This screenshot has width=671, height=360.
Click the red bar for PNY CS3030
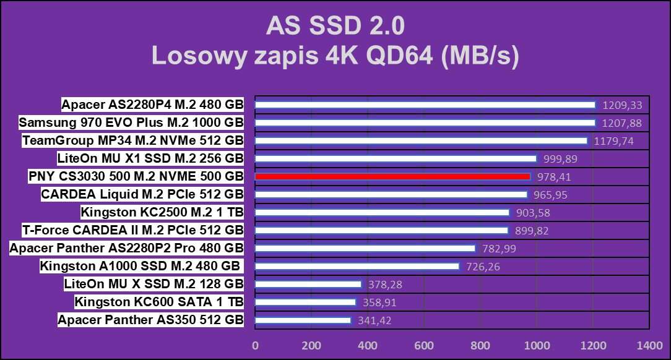pyautogui.click(x=392, y=177)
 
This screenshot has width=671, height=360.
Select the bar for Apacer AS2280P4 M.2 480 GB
pyautogui.click(x=425, y=105)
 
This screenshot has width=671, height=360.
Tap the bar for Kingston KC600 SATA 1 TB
pyautogui.click(x=305, y=302)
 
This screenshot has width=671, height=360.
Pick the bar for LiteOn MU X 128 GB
pyautogui.click(x=308, y=285)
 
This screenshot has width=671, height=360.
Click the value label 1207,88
pyautogui.click(x=621, y=123)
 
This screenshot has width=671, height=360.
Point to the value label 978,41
pyautogui.click(x=553, y=177)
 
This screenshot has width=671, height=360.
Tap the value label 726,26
pyautogui.click(x=482, y=267)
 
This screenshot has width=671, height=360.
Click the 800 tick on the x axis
pyautogui.click(x=480, y=345)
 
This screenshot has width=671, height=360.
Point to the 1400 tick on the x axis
pyautogui.click(x=649, y=345)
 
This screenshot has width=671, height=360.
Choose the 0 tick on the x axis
pyautogui.click(x=255, y=345)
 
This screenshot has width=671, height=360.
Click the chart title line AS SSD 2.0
pyautogui.click(x=335, y=26)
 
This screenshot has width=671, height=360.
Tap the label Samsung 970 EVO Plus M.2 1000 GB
pyautogui.click(x=131, y=122)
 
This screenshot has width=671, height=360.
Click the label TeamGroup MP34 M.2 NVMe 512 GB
pyautogui.click(x=133, y=140)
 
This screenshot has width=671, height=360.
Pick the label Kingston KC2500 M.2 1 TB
pyautogui.click(x=162, y=212)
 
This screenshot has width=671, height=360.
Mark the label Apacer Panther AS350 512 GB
pyautogui.click(x=150, y=320)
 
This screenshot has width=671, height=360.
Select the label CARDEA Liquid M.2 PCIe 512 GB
pyautogui.click(x=142, y=194)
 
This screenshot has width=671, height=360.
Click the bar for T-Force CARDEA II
pyautogui.click(x=381, y=231)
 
